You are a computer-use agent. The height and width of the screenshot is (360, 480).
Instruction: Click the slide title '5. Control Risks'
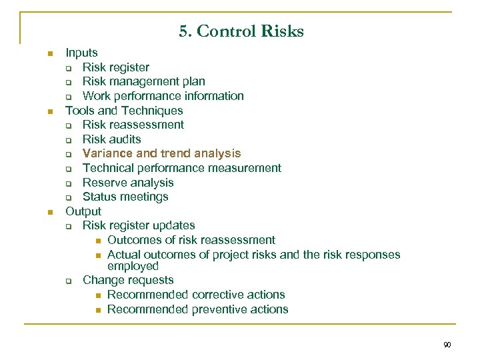241,31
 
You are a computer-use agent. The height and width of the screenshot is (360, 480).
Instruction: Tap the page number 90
447,345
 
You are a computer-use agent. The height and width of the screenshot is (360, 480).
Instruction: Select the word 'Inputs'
81,53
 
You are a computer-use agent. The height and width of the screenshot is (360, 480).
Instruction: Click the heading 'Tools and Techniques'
124,111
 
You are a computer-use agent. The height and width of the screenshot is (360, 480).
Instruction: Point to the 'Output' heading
83,211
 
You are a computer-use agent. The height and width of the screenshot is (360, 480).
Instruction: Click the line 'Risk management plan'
143,81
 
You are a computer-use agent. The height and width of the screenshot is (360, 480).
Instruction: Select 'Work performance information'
163,96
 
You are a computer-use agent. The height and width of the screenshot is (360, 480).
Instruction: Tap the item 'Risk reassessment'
133,125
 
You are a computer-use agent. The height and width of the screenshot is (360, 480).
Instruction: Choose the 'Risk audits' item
111,139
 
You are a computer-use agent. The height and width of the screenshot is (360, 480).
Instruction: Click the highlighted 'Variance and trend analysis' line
161,154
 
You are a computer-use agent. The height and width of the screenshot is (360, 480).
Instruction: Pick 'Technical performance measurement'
181,168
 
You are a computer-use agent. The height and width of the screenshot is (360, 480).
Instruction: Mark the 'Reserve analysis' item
128,183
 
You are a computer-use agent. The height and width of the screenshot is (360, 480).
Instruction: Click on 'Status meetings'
125,197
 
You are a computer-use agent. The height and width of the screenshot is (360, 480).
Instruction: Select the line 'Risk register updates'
139,225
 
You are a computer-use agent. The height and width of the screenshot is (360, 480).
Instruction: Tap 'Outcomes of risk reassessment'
191,240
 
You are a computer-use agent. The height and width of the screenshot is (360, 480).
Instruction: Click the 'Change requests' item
128,281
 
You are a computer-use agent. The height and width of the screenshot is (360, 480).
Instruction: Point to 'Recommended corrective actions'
196,295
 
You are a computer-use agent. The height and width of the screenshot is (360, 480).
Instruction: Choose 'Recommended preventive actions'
197,309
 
